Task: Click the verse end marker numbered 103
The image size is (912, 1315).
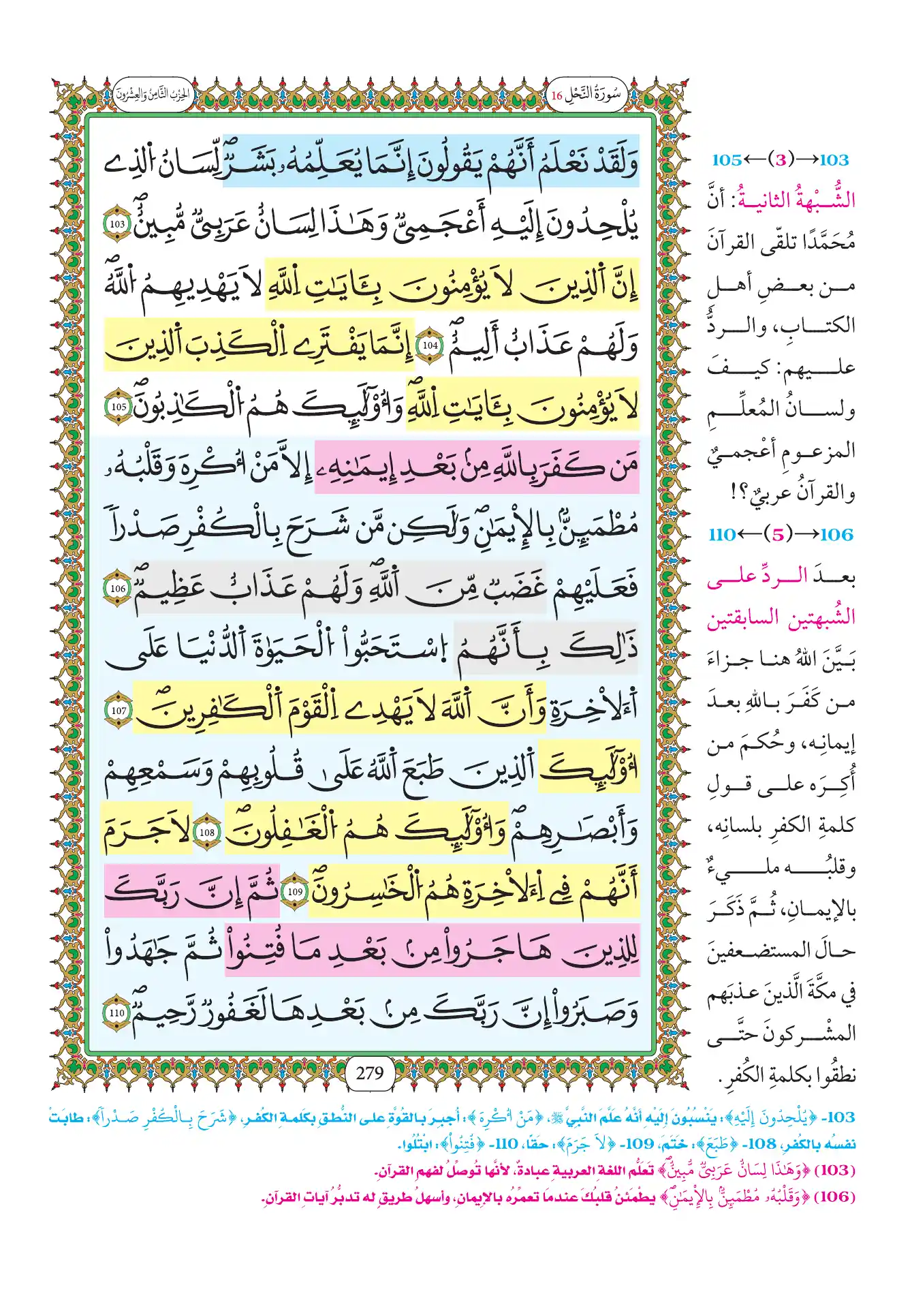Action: click(x=117, y=224)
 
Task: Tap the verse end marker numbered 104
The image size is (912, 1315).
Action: click(x=430, y=345)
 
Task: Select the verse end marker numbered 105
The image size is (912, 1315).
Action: click(x=119, y=407)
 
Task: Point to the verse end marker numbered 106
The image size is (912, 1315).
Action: click(x=119, y=588)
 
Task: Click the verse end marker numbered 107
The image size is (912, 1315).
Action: click(x=119, y=710)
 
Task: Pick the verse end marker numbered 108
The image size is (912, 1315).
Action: click(x=207, y=832)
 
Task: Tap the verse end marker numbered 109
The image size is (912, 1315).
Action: click(x=295, y=892)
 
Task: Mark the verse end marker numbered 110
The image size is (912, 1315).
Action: click(x=117, y=1013)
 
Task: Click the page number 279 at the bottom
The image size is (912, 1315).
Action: click(x=370, y=1073)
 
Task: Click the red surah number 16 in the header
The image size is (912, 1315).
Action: click(x=556, y=96)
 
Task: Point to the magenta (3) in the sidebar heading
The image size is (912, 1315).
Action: click(x=781, y=160)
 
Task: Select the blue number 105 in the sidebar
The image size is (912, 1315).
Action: click(x=726, y=160)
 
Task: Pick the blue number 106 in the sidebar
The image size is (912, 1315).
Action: click(x=836, y=535)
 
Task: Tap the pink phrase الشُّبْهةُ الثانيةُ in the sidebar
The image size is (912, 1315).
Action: click(x=797, y=200)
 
